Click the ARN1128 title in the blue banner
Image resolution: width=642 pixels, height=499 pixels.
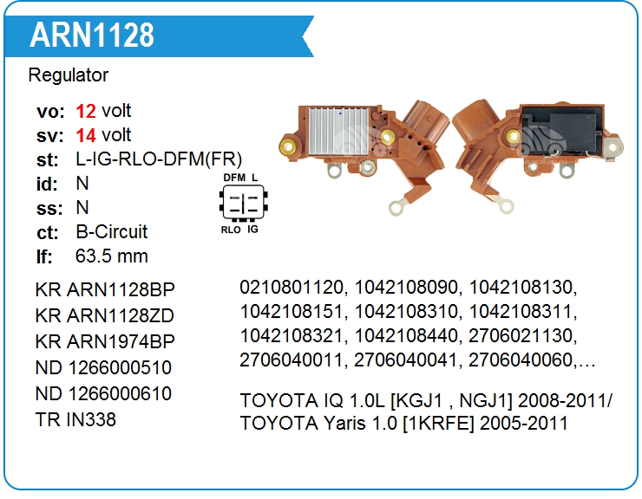pyautogui.click(x=92, y=35)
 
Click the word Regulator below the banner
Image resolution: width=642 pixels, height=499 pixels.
pyautogui.click(x=69, y=75)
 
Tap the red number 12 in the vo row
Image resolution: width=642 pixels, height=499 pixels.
pyautogui.click(x=86, y=111)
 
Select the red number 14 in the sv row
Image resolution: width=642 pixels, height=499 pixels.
pyautogui.click(x=86, y=135)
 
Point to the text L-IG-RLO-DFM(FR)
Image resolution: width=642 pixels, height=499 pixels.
pyautogui.click(x=159, y=159)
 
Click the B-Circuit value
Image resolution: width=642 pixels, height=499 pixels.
pyautogui.click(x=111, y=232)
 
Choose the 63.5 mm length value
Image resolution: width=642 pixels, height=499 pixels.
pyautogui.click(x=111, y=256)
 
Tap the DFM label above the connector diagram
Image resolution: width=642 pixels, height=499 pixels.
pyautogui.click(x=234, y=178)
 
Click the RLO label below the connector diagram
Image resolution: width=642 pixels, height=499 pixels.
pyautogui.click(x=231, y=230)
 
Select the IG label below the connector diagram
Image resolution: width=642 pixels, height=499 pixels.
pyautogui.click(x=252, y=230)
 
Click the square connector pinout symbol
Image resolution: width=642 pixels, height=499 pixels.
pyautogui.click(x=244, y=202)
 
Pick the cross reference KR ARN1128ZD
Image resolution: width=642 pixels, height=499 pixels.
pyautogui.click(x=105, y=315)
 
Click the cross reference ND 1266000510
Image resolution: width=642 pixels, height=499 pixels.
pyautogui.click(x=103, y=367)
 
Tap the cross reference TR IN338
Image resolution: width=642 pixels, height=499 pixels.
pyautogui.click(x=75, y=419)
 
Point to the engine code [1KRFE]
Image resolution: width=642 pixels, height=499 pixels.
pyautogui.click(x=438, y=424)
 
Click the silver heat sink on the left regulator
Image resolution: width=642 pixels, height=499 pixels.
pyautogui.click(x=338, y=131)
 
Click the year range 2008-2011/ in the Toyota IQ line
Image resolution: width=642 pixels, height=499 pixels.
pyautogui.click(x=565, y=401)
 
